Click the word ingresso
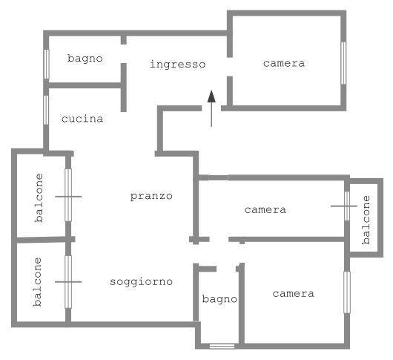tap(177, 65)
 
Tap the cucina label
tap(82, 119)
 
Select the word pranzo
tap(151, 196)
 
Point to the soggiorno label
tap(141, 282)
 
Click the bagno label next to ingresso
tap(85, 59)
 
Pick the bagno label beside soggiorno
tap(219, 299)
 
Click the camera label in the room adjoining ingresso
tap(284, 63)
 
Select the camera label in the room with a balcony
tap(265, 210)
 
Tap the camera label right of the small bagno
tap(293, 293)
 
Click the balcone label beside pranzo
tap(39, 197)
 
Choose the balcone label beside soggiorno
tap(37, 282)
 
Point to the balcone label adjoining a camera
tap(366, 220)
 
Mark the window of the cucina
tap(46, 110)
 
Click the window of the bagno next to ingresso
tap(47, 65)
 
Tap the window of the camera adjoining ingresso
tap(343, 63)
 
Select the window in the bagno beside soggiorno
tap(222, 347)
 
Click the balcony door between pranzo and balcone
tap(68, 195)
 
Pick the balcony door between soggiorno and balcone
tap(68, 282)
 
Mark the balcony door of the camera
tap(347, 206)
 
